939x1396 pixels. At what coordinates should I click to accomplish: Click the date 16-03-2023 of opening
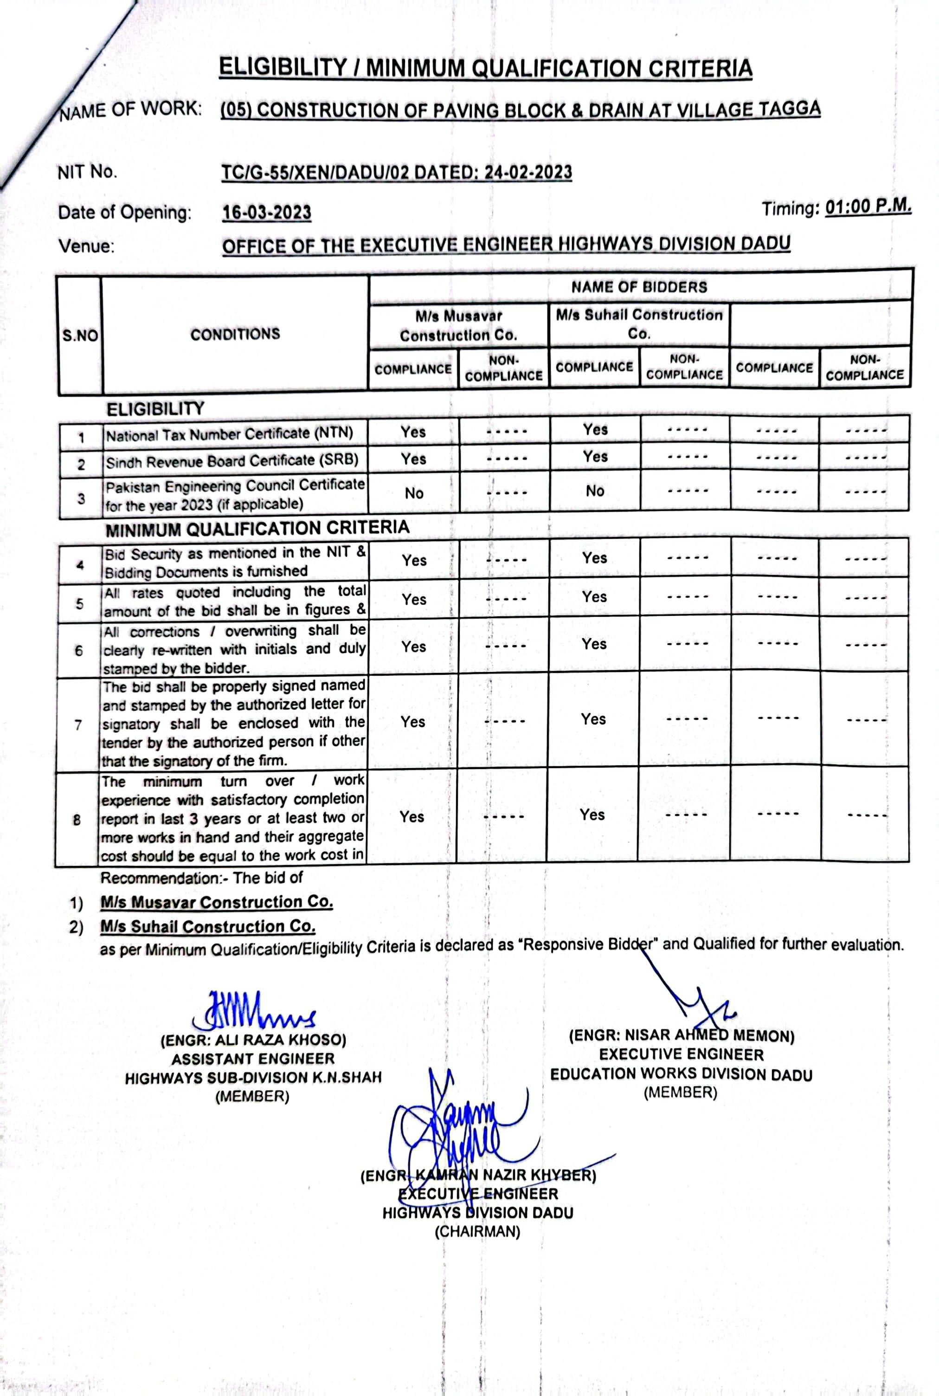(x=266, y=213)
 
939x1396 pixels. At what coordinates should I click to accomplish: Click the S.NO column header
(x=80, y=336)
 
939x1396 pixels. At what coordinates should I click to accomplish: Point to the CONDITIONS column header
(x=235, y=334)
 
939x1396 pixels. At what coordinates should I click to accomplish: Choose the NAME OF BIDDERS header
(x=639, y=287)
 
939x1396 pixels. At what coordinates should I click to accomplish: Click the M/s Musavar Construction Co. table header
(x=459, y=325)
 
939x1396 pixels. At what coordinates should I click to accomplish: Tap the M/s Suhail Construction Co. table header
(x=639, y=323)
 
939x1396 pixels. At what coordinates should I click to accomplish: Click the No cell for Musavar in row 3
(x=414, y=493)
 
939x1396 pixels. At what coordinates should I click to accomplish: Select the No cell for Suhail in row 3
(x=595, y=491)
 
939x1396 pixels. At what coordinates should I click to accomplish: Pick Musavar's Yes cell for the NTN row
(x=413, y=432)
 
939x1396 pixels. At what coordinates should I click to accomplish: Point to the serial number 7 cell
(x=78, y=724)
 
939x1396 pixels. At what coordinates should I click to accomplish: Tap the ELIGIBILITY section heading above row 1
(x=155, y=409)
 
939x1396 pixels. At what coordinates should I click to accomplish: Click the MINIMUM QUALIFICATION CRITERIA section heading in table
(x=257, y=529)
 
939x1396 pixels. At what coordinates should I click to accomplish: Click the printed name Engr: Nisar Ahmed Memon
(x=681, y=1036)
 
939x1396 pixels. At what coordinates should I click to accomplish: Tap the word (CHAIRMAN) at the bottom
(x=477, y=1231)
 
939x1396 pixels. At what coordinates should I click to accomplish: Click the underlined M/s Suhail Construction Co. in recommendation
(x=208, y=926)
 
